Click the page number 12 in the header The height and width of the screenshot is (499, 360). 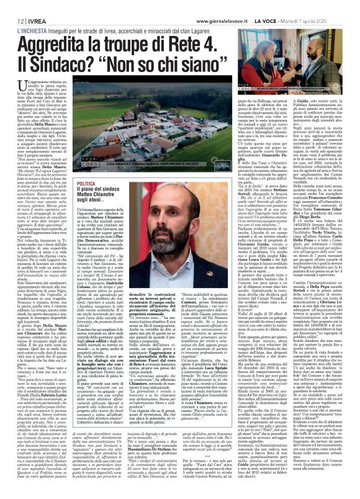12,5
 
